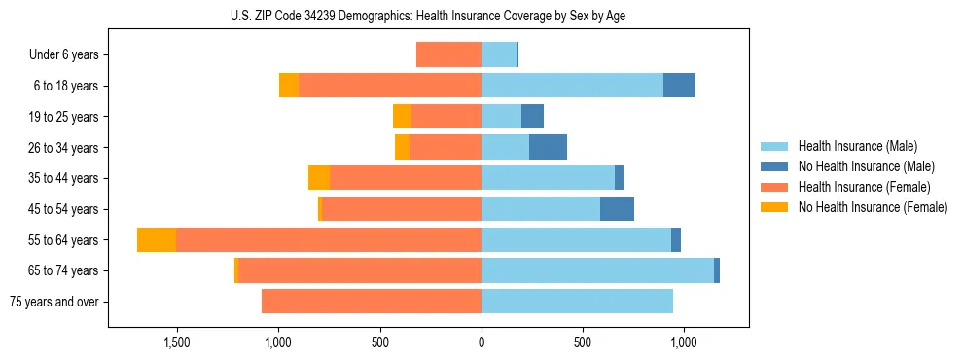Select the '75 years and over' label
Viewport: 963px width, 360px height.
click(54, 302)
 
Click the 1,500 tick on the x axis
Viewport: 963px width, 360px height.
click(176, 342)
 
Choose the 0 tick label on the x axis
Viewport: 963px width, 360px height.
click(481, 342)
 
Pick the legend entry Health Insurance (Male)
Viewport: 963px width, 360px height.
click(857, 146)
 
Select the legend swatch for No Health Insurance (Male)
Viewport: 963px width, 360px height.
click(775, 166)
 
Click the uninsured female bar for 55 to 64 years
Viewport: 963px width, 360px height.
click(157, 239)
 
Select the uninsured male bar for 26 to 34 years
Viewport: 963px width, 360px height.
click(548, 147)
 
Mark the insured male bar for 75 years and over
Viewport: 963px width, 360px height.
click(577, 302)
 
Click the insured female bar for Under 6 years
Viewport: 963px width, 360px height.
click(448, 54)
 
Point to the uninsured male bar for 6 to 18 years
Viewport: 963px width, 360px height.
click(679, 86)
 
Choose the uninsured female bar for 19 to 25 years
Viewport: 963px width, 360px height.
click(402, 117)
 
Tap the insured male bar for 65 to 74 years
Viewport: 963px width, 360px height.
click(597, 270)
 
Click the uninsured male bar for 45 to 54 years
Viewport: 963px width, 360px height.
click(617, 209)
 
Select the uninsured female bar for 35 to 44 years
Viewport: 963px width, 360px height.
click(319, 178)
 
